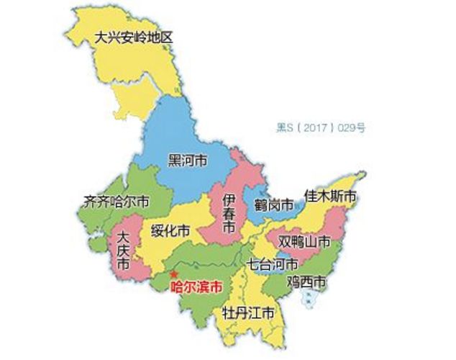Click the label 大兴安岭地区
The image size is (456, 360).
pyautogui.click(x=134, y=37)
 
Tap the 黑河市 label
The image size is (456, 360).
pyautogui.click(x=187, y=160)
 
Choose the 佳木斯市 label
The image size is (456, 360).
pyautogui.click(x=330, y=197)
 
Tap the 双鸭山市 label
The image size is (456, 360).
pyautogui.click(x=305, y=240)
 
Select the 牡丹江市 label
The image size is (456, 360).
pyautogui.click(x=248, y=314)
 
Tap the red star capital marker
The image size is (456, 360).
pyautogui.click(x=173, y=274)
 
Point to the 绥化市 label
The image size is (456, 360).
pyautogui.click(x=171, y=231)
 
